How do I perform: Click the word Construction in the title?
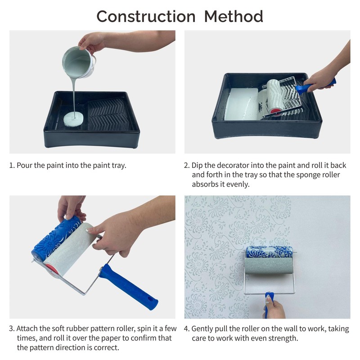(x=146, y=17)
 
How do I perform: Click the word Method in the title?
(x=234, y=17)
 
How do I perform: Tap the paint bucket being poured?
(x=78, y=62)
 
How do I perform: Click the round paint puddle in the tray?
(x=73, y=119)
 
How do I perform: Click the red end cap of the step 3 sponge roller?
(x=52, y=269)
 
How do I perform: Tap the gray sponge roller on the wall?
(x=269, y=265)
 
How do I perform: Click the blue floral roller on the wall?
(x=270, y=252)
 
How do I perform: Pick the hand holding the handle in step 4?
(x=274, y=309)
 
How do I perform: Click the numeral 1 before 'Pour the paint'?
(x=12, y=165)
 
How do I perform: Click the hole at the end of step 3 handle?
(x=151, y=300)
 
